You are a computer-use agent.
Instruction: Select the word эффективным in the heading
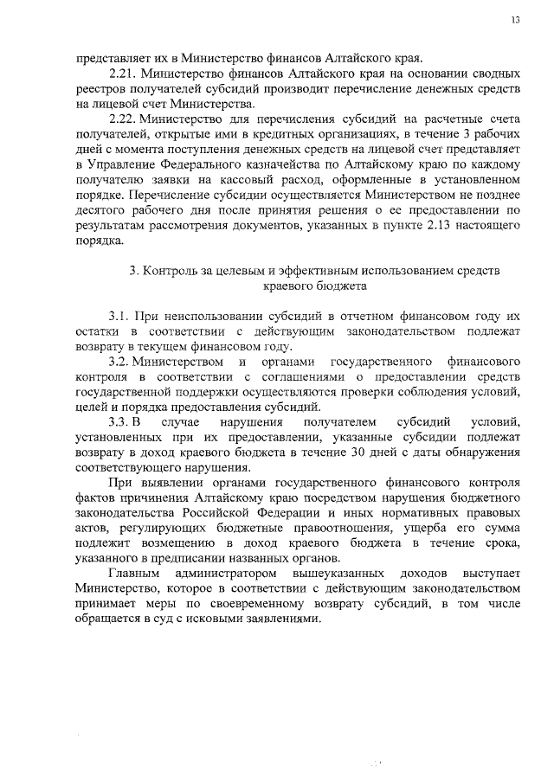285,269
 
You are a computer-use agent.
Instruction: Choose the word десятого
100,210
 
